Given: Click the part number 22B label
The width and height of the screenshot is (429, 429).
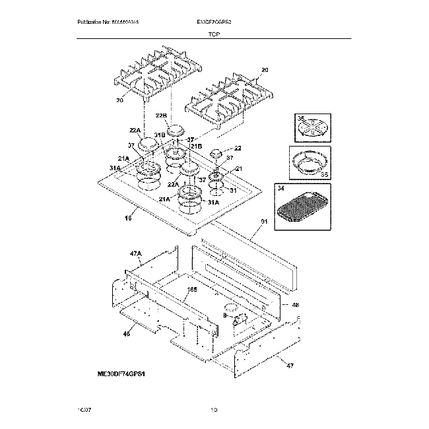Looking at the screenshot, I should (160, 115).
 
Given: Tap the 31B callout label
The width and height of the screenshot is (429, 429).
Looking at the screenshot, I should (159, 135).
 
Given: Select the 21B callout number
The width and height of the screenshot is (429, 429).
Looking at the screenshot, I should (195, 145).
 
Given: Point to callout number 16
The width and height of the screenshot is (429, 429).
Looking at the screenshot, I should (129, 218).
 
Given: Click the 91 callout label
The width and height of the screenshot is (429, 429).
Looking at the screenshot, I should (264, 223).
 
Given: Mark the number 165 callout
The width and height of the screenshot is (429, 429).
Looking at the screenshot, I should (192, 289).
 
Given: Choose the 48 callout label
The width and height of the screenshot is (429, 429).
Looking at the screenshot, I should (295, 305).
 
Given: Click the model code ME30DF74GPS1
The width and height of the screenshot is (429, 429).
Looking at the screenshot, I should (121, 373).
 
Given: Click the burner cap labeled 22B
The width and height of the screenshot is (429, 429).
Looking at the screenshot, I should (176, 130).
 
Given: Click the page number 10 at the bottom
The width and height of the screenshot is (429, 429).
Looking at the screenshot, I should (213, 410).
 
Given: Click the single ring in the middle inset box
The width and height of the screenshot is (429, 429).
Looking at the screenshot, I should (309, 162).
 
